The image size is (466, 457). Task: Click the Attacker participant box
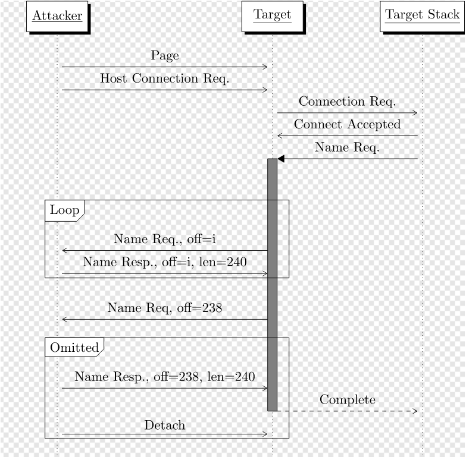[x=57, y=16]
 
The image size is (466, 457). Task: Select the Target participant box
[x=272, y=16]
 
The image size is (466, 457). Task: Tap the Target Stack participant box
[x=423, y=16]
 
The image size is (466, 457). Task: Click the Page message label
[x=165, y=55]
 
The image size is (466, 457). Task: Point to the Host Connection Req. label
[x=165, y=78]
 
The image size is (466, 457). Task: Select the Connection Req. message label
[x=347, y=102]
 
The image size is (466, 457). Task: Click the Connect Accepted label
[x=347, y=124]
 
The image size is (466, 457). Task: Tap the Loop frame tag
[x=64, y=210]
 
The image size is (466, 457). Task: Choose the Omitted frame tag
[x=74, y=347]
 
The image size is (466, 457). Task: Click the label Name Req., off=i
[x=165, y=239]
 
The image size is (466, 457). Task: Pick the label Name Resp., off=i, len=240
[x=165, y=262]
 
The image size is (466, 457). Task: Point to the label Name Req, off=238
[x=165, y=308]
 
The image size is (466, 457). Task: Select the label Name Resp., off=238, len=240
[x=165, y=377]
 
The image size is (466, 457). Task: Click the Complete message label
[x=347, y=400]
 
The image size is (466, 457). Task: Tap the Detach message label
[x=165, y=425]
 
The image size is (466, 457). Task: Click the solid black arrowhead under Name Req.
[x=280, y=159]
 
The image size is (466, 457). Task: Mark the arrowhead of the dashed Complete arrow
[x=415, y=411]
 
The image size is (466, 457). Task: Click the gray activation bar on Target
[x=272, y=285]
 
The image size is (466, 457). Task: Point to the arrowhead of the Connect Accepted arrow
[x=280, y=135]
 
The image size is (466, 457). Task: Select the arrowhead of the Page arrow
[x=265, y=67]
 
